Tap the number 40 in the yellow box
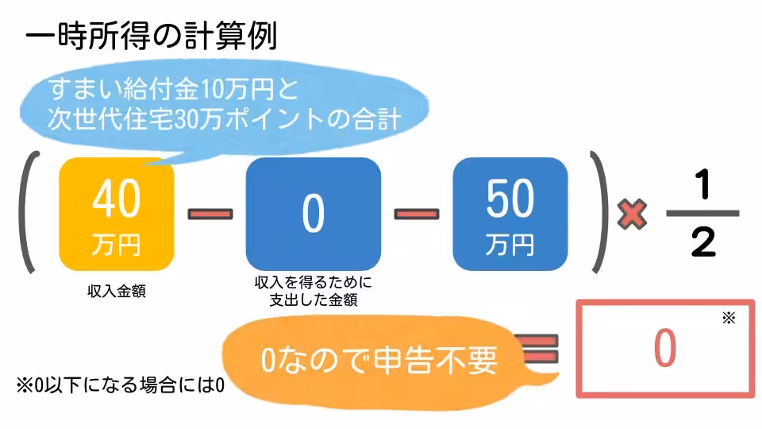[116, 202]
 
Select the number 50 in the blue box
[510, 200]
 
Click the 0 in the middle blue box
[313, 213]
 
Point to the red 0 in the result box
[664, 348]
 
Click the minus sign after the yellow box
[210, 213]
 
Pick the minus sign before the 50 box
[416, 213]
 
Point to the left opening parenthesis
[29, 213]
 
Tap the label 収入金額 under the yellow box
[116, 291]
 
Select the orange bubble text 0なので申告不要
[379, 361]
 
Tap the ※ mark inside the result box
[729, 319]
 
